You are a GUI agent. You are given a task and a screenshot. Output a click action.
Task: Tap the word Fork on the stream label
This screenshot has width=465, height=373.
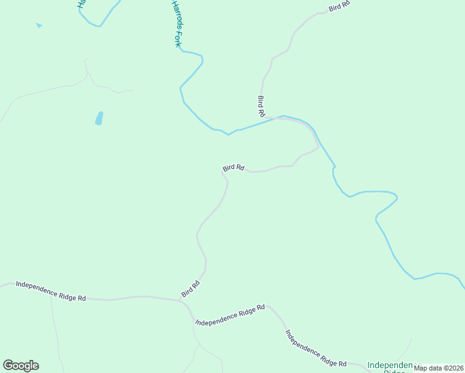(x=177, y=40)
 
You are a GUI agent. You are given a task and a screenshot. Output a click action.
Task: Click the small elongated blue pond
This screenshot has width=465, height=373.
(x=99, y=118)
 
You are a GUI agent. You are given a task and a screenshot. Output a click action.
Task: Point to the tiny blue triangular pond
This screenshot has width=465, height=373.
(x=39, y=25)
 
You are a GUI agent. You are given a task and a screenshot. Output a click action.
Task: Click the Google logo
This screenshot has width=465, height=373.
(x=21, y=366)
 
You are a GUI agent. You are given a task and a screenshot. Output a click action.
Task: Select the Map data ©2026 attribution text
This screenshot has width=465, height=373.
(x=438, y=368)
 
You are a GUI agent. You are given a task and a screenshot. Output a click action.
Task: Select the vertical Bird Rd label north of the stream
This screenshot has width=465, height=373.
(x=262, y=106)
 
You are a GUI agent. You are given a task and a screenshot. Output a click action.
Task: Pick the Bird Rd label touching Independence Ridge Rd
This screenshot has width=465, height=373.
(x=191, y=288)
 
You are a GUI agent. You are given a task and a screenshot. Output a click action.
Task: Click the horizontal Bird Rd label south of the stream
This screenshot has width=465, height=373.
(x=234, y=168)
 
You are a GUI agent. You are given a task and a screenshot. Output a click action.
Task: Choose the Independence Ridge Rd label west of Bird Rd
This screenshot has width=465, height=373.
(x=51, y=291)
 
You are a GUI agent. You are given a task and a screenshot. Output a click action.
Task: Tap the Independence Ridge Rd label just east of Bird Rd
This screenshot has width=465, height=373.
(x=230, y=315)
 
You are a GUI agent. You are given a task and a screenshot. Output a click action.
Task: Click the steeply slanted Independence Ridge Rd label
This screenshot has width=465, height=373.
(x=316, y=348)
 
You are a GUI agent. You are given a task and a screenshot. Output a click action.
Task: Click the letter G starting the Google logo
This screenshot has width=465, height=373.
(x=8, y=366)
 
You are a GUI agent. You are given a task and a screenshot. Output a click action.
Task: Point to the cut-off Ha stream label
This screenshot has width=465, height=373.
(x=81, y=4)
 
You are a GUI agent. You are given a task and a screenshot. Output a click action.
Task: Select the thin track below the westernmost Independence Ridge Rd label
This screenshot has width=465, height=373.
(x=56, y=329)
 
